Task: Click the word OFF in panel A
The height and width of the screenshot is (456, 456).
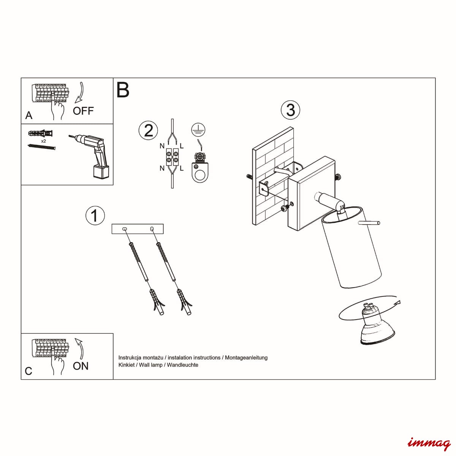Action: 83,111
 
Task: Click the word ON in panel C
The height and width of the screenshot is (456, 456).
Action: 81,366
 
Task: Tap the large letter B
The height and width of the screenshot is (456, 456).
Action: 123,90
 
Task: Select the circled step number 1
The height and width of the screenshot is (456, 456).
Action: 95,215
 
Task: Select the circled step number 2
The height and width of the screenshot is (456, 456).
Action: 148,130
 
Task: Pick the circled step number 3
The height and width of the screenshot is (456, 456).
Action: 290,110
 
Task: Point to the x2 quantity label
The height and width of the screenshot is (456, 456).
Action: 44,141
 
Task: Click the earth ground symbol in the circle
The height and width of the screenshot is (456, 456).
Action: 198,130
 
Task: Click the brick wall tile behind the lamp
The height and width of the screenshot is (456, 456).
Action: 273,176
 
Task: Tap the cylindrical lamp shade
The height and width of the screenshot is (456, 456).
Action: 351,247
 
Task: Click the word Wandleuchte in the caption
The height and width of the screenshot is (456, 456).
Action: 182,365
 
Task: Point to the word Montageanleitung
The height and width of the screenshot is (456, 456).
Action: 246,358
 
